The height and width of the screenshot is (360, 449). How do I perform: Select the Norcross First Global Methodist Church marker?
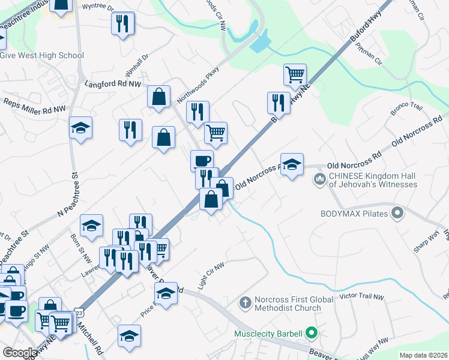pos(244,303)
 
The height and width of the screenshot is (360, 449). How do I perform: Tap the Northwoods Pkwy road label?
pos(198,85)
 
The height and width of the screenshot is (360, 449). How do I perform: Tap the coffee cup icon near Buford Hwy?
pos(202,160)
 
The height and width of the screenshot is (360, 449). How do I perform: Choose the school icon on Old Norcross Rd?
pos(292,164)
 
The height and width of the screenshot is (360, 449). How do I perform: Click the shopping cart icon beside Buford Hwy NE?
pos(295,75)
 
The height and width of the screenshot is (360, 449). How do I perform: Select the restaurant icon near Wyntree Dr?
pos(123,23)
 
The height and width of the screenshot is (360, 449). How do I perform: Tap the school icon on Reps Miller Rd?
pos(80,127)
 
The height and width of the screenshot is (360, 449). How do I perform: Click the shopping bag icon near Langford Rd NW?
pos(158,97)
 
